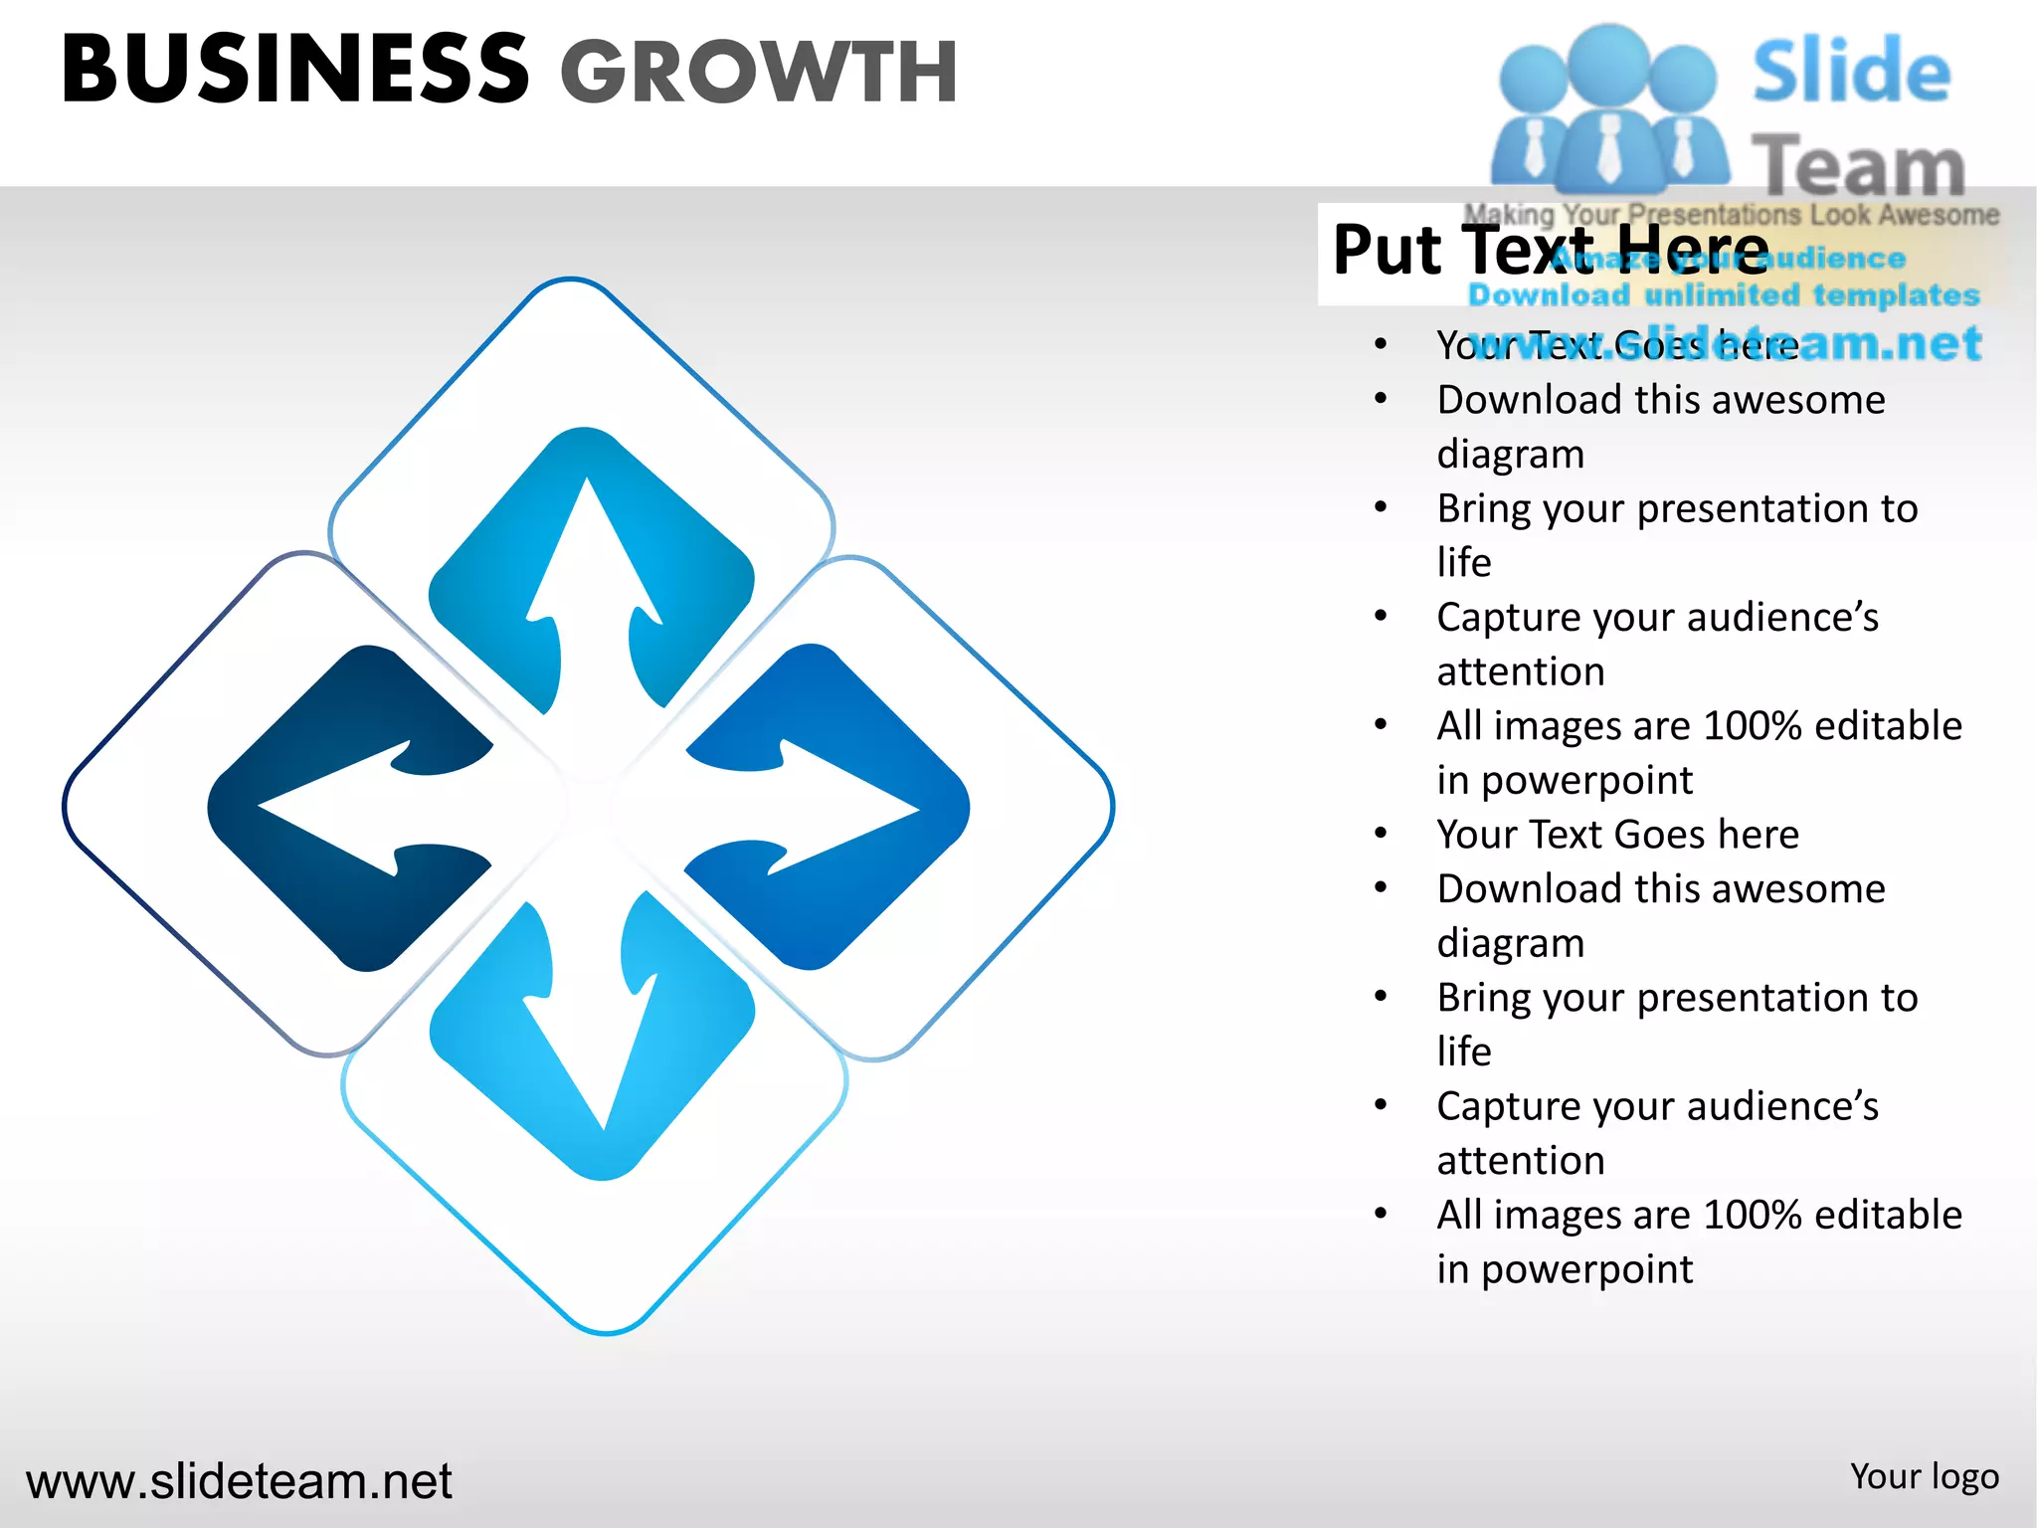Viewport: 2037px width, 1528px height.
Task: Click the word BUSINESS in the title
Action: (x=295, y=70)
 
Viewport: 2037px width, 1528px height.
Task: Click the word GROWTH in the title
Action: (x=759, y=72)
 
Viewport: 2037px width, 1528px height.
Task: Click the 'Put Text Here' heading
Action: (x=1550, y=250)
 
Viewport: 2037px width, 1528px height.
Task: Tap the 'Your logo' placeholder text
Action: (x=1924, y=1477)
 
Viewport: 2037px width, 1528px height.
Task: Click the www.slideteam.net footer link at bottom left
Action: (x=239, y=1481)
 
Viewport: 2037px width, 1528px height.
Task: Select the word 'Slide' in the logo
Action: (x=1851, y=71)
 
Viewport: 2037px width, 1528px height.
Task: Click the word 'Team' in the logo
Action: (x=1858, y=165)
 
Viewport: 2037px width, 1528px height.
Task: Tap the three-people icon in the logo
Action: (x=1609, y=109)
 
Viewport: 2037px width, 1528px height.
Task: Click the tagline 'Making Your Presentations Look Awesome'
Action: (x=1731, y=214)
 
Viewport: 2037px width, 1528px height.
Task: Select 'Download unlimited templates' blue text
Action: (x=1724, y=295)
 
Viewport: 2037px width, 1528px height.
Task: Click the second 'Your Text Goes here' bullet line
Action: (x=1617, y=835)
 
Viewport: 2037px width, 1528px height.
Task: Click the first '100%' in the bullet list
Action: (x=1753, y=726)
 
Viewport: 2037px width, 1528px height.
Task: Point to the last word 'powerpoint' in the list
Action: (x=1586, y=1270)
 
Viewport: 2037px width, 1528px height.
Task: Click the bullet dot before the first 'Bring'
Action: (x=1381, y=508)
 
